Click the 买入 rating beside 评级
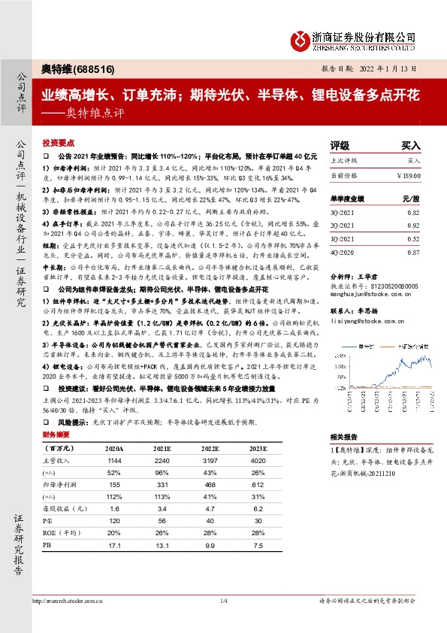click(410, 146)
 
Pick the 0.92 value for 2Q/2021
click(412, 225)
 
